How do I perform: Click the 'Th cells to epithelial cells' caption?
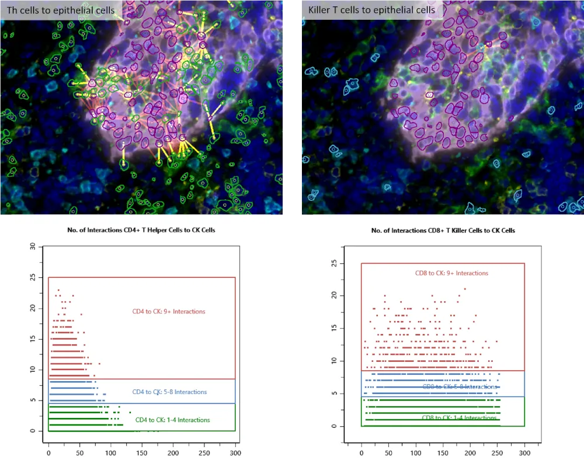[60, 10]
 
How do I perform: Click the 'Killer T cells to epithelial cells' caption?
[371, 10]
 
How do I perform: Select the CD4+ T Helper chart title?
[141, 230]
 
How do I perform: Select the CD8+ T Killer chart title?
[443, 231]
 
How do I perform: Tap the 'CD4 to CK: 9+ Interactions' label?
[169, 312]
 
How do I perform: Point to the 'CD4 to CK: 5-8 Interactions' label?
[169, 392]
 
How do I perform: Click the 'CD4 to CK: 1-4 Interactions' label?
[172, 420]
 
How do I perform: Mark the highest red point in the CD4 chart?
[58, 290]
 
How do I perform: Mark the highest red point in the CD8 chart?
[465, 288]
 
